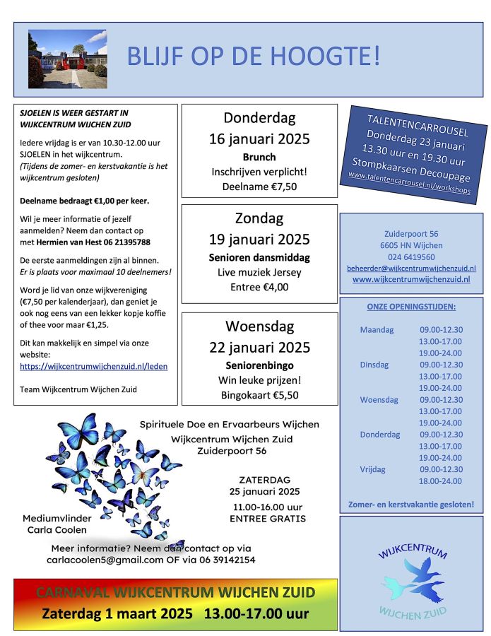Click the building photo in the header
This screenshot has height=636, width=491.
[x=67, y=59]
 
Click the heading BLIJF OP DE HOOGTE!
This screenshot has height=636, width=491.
[x=254, y=57]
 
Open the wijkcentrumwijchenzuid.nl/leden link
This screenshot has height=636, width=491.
[x=93, y=366]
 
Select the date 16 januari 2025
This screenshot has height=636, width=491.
[x=259, y=139]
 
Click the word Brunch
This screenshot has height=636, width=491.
[x=259, y=157]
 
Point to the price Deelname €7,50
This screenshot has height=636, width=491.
[x=259, y=186]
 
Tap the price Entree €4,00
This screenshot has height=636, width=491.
[x=259, y=286]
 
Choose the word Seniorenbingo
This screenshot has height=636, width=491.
[x=259, y=365]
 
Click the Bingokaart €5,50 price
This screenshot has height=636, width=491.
[x=259, y=395]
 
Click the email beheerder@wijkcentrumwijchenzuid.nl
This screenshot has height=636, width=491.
[x=411, y=269]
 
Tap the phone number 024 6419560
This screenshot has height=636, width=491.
[x=411, y=257]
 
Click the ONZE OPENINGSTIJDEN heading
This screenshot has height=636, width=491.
[x=411, y=307]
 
